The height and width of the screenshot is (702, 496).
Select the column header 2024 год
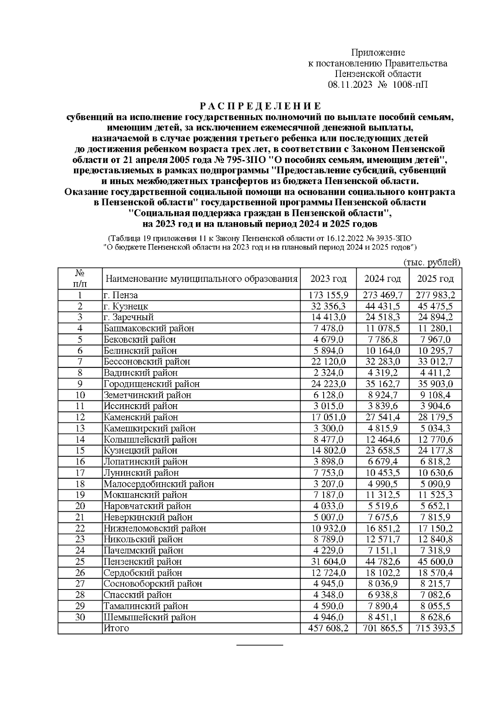coord(382,279)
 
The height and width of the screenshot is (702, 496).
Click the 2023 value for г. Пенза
coord(329,295)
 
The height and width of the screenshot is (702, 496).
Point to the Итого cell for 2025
coord(435,628)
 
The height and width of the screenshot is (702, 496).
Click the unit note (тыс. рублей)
coord(432,262)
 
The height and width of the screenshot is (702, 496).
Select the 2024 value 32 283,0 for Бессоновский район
coord(382,362)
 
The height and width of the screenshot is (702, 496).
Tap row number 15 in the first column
coord(80,450)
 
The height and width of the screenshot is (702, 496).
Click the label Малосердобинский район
coord(159,484)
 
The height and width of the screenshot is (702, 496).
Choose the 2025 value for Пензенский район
coord(435,561)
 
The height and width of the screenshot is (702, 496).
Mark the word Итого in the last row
coord(116,628)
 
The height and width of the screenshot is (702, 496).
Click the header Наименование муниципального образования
coord(201,279)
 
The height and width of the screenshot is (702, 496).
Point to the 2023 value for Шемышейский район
coord(329,617)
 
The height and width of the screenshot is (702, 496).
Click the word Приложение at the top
coord(378,53)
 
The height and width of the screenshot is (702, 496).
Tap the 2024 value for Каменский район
coord(382,417)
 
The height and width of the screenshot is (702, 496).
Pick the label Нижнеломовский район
coord(155,528)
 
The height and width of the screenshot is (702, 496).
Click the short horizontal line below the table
coord(260,644)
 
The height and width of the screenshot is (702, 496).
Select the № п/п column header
coord(80,279)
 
